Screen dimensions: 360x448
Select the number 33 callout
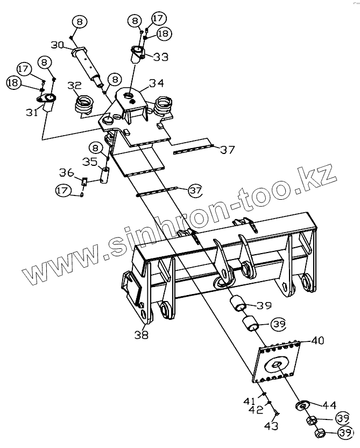160,56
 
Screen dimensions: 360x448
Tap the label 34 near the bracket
156,83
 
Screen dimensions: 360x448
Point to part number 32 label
74,86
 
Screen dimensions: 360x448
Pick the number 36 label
66,173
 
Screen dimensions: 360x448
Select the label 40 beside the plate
317,340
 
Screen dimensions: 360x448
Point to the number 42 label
256,410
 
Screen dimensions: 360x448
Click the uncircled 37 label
227,149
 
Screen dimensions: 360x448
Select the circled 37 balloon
195,190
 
